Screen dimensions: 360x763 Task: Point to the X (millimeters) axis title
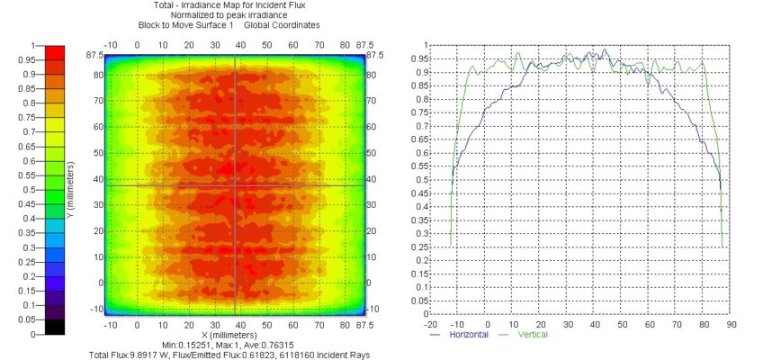234,335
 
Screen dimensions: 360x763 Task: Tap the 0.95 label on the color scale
24,59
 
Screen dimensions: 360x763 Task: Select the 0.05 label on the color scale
24,319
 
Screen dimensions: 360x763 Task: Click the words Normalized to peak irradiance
234,14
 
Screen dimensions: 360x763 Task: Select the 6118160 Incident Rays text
325,355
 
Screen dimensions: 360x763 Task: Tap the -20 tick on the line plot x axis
430,323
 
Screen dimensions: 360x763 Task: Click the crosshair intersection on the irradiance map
236,184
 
